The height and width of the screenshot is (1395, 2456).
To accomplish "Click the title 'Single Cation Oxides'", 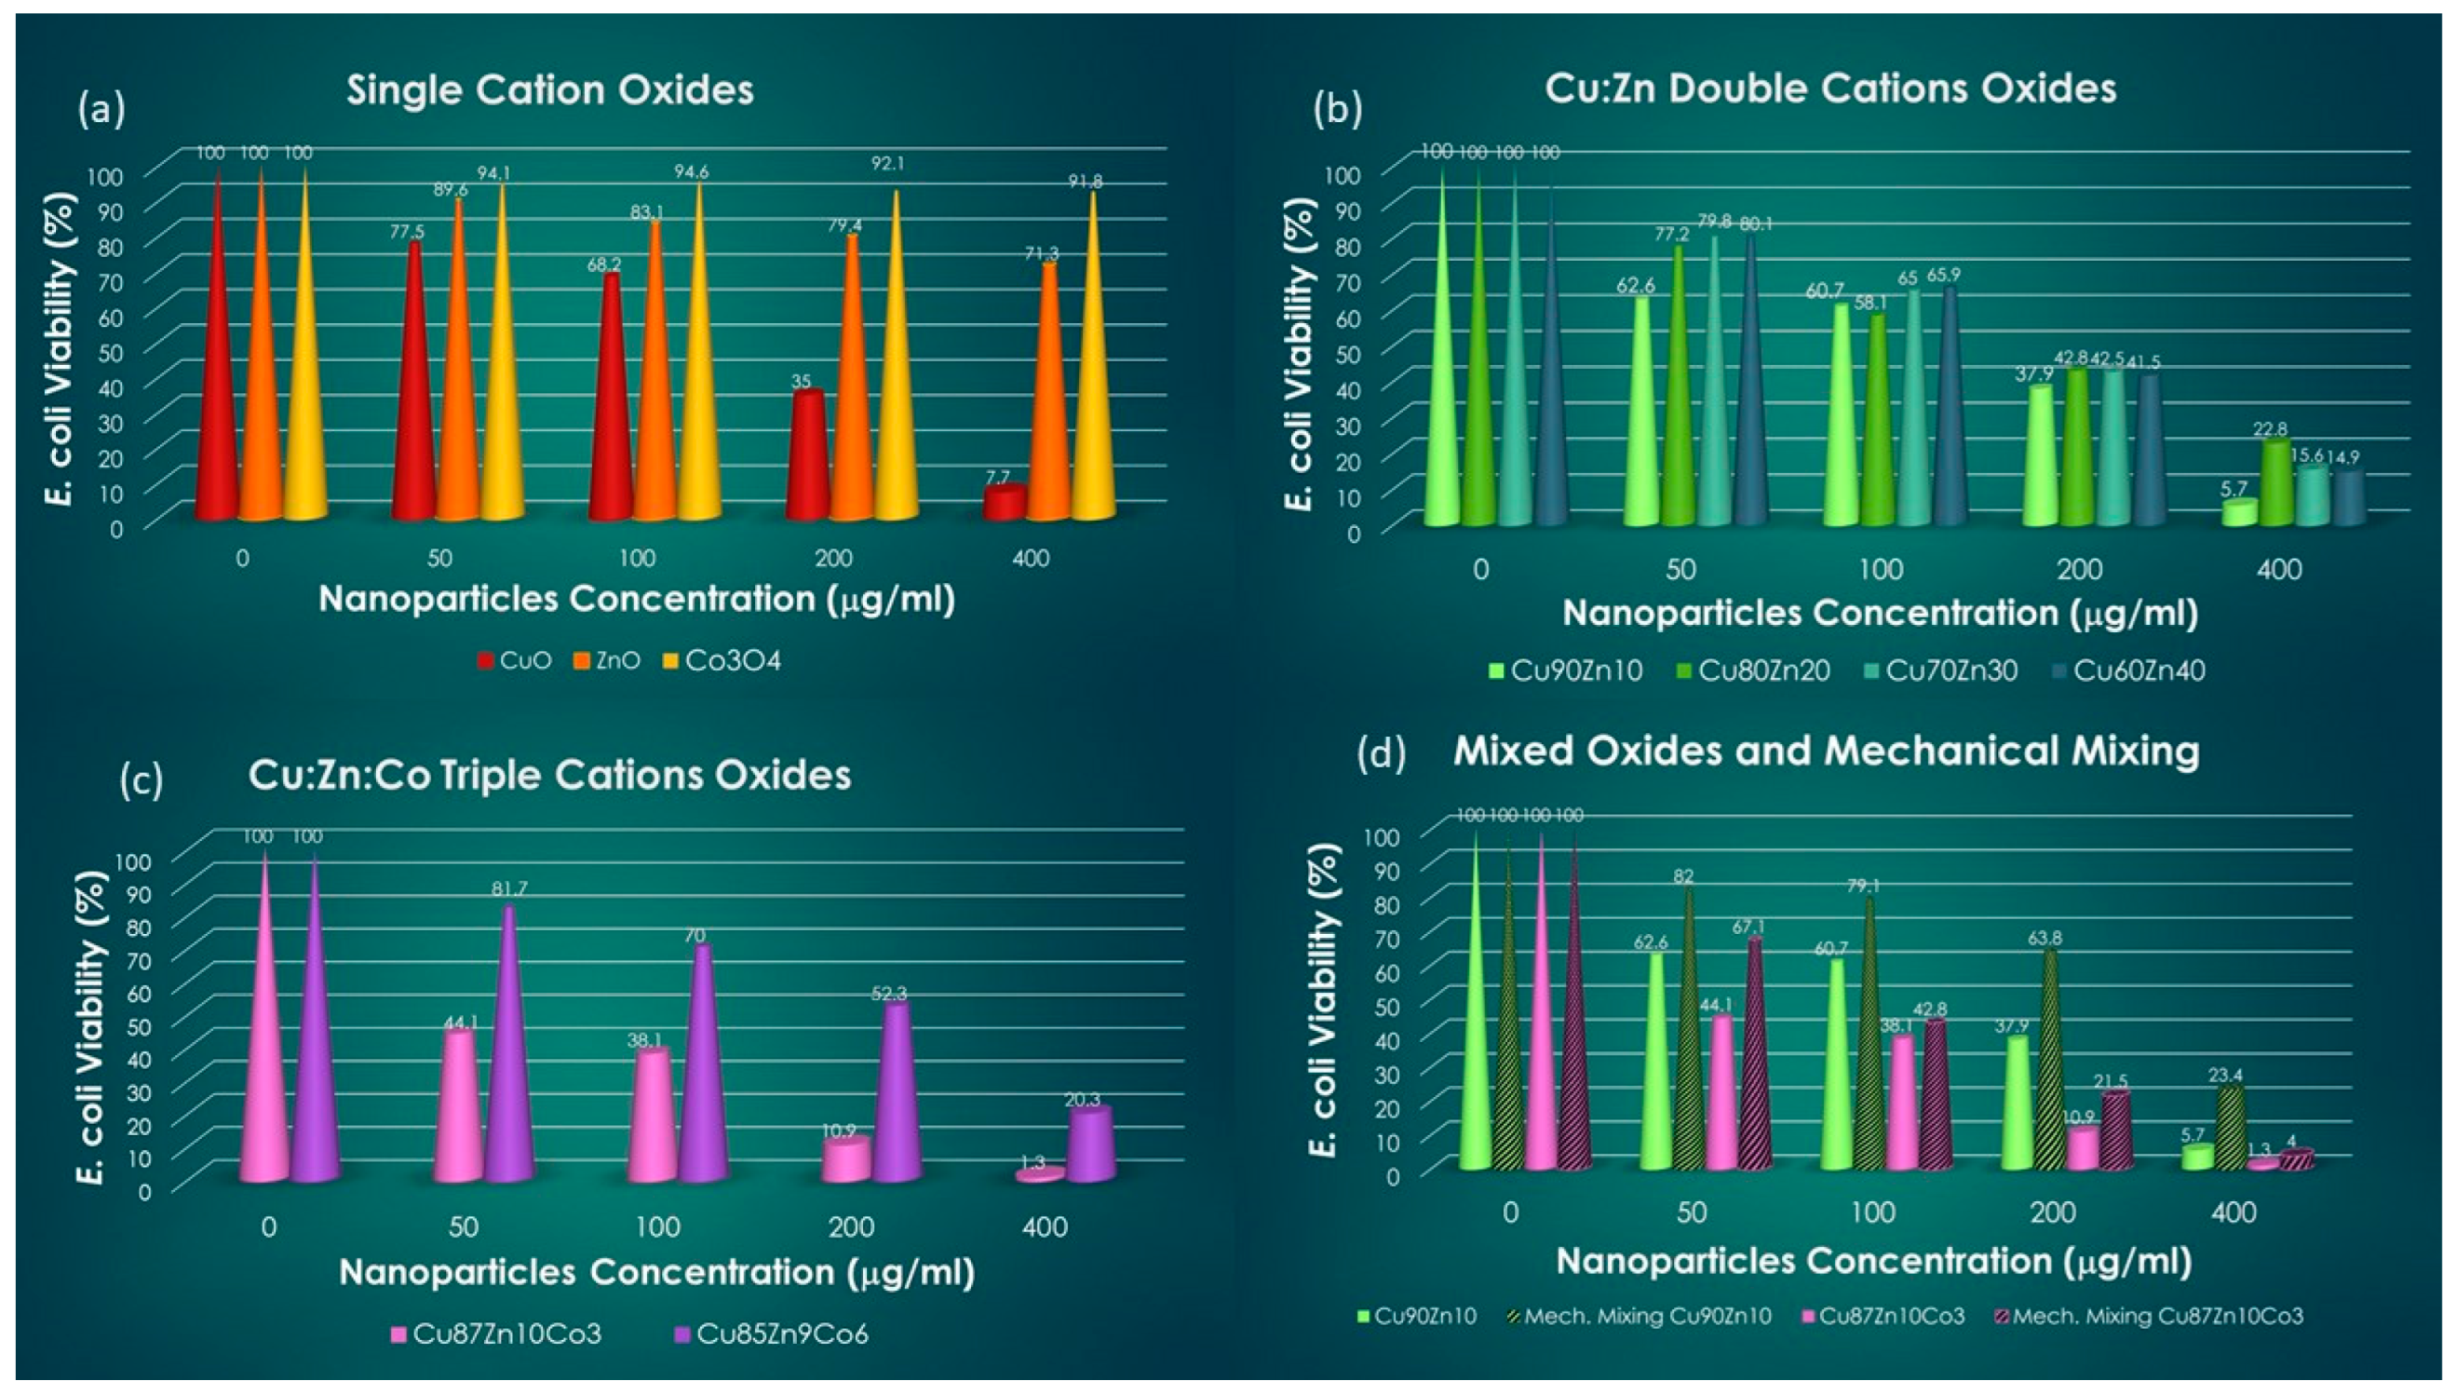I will (550, 90).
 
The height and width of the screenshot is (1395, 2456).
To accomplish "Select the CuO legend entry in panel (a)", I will (514, 661).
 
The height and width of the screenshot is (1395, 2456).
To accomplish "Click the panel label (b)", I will (1337, 110).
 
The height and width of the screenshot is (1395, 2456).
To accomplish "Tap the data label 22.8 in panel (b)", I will (2268, 429).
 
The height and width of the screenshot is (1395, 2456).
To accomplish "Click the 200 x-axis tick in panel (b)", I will (2080, 570).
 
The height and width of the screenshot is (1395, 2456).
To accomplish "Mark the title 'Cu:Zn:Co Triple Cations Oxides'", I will (550, 775).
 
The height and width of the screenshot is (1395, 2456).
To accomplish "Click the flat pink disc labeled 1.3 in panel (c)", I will (1039, 1174).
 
